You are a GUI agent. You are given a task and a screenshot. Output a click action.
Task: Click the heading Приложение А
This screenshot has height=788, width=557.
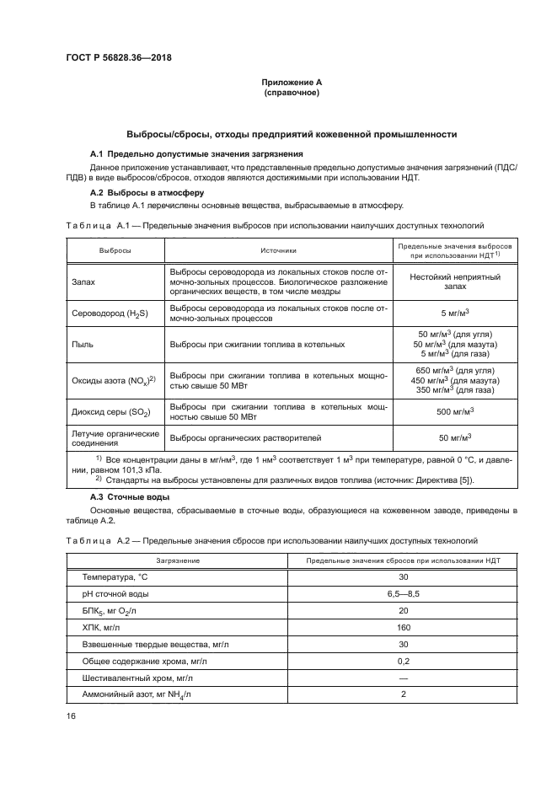(x=291, y=82)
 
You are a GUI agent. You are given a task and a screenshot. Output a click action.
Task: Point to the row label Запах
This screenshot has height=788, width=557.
(x=83, y=283)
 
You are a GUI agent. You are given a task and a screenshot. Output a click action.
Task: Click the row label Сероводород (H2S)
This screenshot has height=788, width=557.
(x=110, y=314)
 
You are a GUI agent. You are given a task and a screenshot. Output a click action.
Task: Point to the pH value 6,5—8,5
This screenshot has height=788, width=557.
(x=402, y=594)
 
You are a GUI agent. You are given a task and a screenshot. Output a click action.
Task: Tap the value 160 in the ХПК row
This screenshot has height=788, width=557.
(x=402, y=628)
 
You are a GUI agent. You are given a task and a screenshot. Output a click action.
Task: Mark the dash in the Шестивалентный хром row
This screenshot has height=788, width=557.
(x=402, y=678)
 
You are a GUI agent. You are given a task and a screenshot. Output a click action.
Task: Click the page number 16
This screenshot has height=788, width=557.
(x=71, y=716)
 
